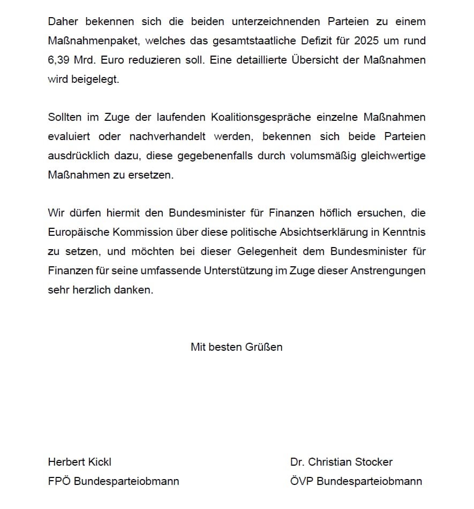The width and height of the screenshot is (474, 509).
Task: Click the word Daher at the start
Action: [63, 21]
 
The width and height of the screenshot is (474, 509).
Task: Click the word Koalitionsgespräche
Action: [262, 117]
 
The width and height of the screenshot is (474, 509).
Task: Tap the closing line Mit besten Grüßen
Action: [237, 347]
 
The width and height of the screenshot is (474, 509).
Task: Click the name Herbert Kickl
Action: [80, 462]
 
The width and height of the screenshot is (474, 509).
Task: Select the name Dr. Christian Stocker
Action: [341, 462]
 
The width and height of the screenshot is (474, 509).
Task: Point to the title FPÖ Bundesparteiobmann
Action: [114, 481]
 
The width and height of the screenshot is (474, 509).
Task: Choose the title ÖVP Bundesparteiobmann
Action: [356, 481]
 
